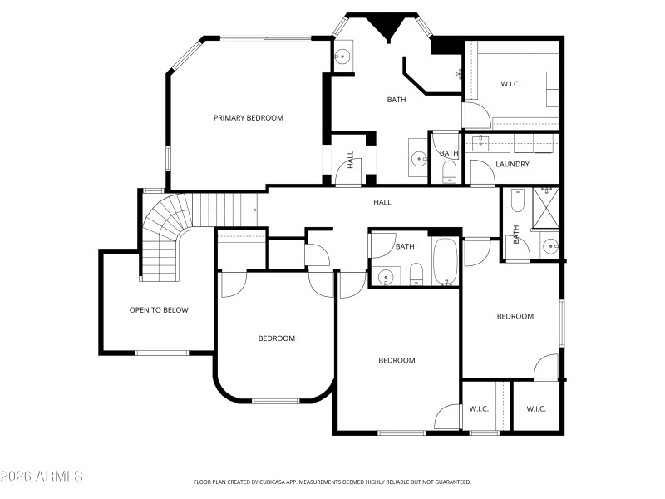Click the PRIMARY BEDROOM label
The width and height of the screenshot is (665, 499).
248,118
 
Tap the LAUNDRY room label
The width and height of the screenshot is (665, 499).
512,164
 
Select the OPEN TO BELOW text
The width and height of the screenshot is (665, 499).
158,310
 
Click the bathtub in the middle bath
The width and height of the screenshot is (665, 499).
445,261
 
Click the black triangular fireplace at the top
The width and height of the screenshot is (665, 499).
387,26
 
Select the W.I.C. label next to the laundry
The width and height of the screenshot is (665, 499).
510,84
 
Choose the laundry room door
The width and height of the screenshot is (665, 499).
481,172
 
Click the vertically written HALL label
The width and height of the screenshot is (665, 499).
351,159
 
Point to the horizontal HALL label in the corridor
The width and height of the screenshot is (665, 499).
382,202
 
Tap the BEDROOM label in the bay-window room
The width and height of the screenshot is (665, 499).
276,338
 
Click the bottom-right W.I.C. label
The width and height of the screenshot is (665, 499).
535,408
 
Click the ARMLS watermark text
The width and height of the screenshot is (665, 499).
42,477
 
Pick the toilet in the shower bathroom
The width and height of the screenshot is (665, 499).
517,201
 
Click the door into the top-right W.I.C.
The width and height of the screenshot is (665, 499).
475,114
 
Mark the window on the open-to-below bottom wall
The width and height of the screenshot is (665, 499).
161,353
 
